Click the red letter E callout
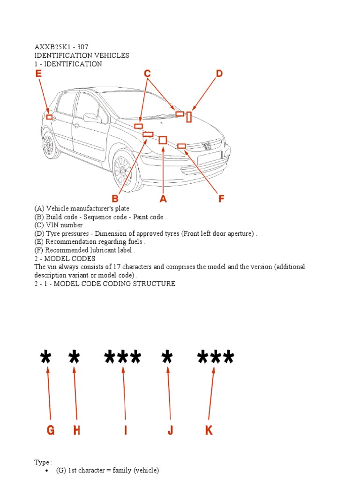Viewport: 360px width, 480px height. (x=38, y=74)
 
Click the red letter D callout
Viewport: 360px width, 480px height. (x=218, y=74)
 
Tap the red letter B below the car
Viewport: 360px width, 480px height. (x=115, y=199)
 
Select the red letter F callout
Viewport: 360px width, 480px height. (x=221, y=199)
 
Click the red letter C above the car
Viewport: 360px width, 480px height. (x=147, y=74)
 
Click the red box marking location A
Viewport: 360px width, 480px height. (x=163, y=140)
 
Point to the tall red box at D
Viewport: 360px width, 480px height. (x=189, y=117)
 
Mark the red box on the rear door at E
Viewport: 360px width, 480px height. (x=49, y=117)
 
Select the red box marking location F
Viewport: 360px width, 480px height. (x=181, y=146)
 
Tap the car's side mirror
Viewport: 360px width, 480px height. (x=91, y=118)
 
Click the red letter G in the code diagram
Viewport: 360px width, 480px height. (x=51, y=430)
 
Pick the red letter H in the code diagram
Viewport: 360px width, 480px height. (x=76, y=430)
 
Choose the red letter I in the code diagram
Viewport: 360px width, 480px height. (x=126, y=430)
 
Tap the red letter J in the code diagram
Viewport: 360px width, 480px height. (x=171, y=430)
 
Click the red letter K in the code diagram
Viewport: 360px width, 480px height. (x=209, y=430)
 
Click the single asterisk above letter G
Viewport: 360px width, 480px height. (x=45, y=359)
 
